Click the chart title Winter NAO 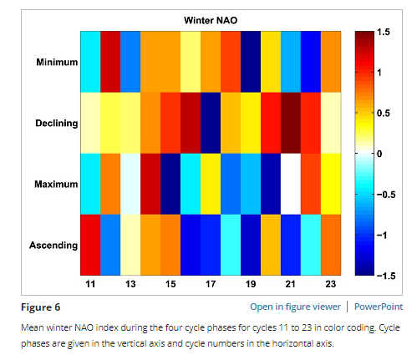pyautogui.click(x=211, y=20)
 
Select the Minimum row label pyautogui.click(x=57, y=62)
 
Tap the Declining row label pyautogui.click(x=57, y=123)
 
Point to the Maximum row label pyautogui.click(x=56, y=184)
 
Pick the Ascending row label pyautogui.click(x=53, y=246)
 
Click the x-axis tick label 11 pyautogui.click(x=90, y=284)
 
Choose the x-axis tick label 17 pyautogui.click(x=211, y=284)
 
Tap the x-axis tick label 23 pyautogui.click(x=331, y=284)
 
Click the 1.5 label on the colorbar pyautogui.click(x=384, y=32)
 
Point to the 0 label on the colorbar pyautogui.click(x=379, y=154)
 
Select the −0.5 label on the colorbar pyautogui.click(x=386, y=195)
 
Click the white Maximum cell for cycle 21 pyautogui.click(x=291, y=184)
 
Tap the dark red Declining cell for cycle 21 pyautogui.click(x=291, y=123)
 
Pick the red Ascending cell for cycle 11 pyautogui.click(x=90, y=245)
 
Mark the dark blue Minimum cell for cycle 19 pyautogui.click(x=251, y=62)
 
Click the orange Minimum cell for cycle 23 pyautogui.click(x=331, y=62)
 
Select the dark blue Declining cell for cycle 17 pyautogui.click(x=211, y=123)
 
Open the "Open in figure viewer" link pyautogui.click(x=295, y=307)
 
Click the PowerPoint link pyautogui.click(x=379, y=307)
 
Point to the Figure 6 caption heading pyautogui.click(x=41, y=307)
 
